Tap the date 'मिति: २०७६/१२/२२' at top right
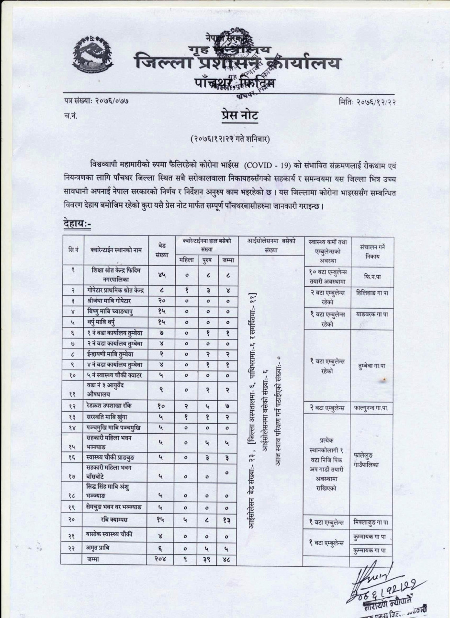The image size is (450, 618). point(366,101)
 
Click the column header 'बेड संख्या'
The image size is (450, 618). point(162,250)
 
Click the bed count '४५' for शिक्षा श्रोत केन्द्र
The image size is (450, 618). point(162,275)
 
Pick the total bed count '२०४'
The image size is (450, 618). point(162,559)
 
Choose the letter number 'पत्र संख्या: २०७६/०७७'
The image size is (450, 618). point(96,101)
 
